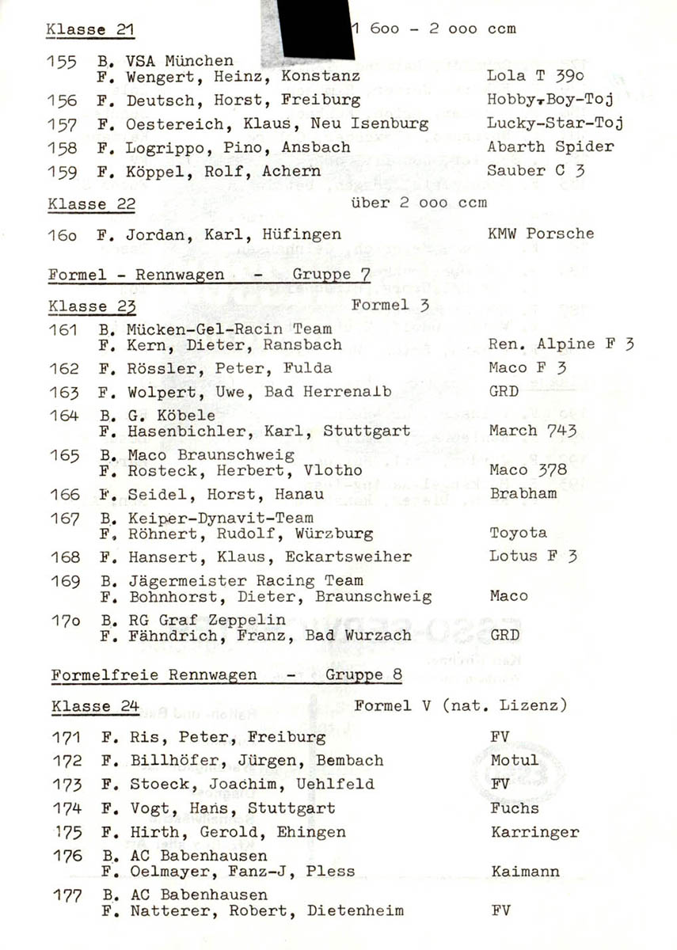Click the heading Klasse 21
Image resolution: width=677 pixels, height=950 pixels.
[x=90, y=30]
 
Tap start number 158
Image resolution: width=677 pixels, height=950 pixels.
[x=63, y=147]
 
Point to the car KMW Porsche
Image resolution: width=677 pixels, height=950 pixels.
[x=541, y=234]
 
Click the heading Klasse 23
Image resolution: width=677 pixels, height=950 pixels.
[x=91, y=306]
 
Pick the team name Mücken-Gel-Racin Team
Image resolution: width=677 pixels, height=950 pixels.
[x=229, y=329]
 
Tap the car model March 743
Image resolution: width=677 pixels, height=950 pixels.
[x=532, y=431]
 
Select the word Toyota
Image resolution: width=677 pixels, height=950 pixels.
[x=518, y=533]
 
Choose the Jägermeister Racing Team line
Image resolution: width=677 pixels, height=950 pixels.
[x=245, y=580]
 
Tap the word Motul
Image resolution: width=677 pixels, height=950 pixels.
[x=514, y=761]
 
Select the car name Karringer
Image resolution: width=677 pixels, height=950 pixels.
[x=534, y=832]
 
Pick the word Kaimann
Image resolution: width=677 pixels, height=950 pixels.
[x=524, y=872]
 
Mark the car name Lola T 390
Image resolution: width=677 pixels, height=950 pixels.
[x=535, y=76]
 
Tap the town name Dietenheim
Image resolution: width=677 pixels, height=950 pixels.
[x=355, y=910]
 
